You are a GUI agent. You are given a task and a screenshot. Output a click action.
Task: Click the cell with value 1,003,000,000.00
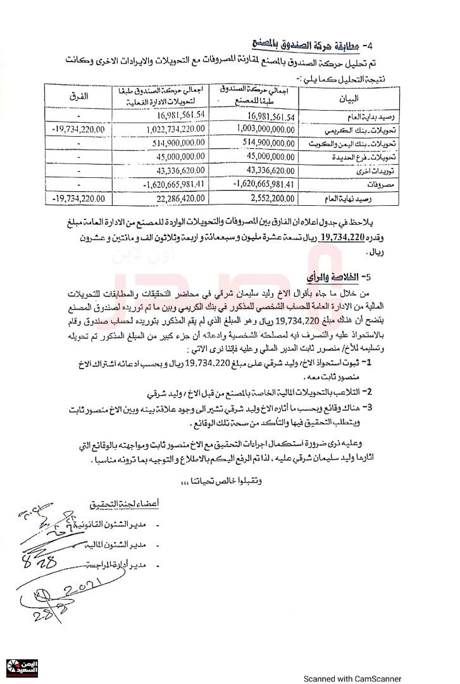(x=260, y=129)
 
